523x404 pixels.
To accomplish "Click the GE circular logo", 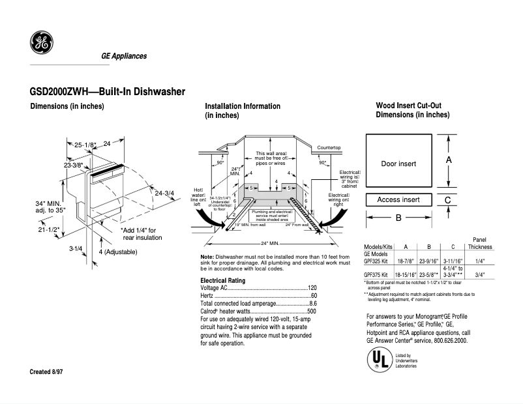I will tap(42, 43).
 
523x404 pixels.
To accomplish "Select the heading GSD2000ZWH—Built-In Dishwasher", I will tap(108, 92).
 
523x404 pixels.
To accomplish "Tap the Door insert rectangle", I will tap(398, 163).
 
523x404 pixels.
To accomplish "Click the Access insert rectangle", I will tap(398, 200).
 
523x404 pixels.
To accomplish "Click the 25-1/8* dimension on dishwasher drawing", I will tap(85, 145).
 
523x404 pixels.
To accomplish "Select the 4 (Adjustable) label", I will tap(121, 252).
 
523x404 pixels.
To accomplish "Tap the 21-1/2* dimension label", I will tap(49, 229).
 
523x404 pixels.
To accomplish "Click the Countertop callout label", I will tap(329, 148).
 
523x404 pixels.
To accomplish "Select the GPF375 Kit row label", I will tap(376, 275).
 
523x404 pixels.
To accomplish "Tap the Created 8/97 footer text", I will tap(50, 371).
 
